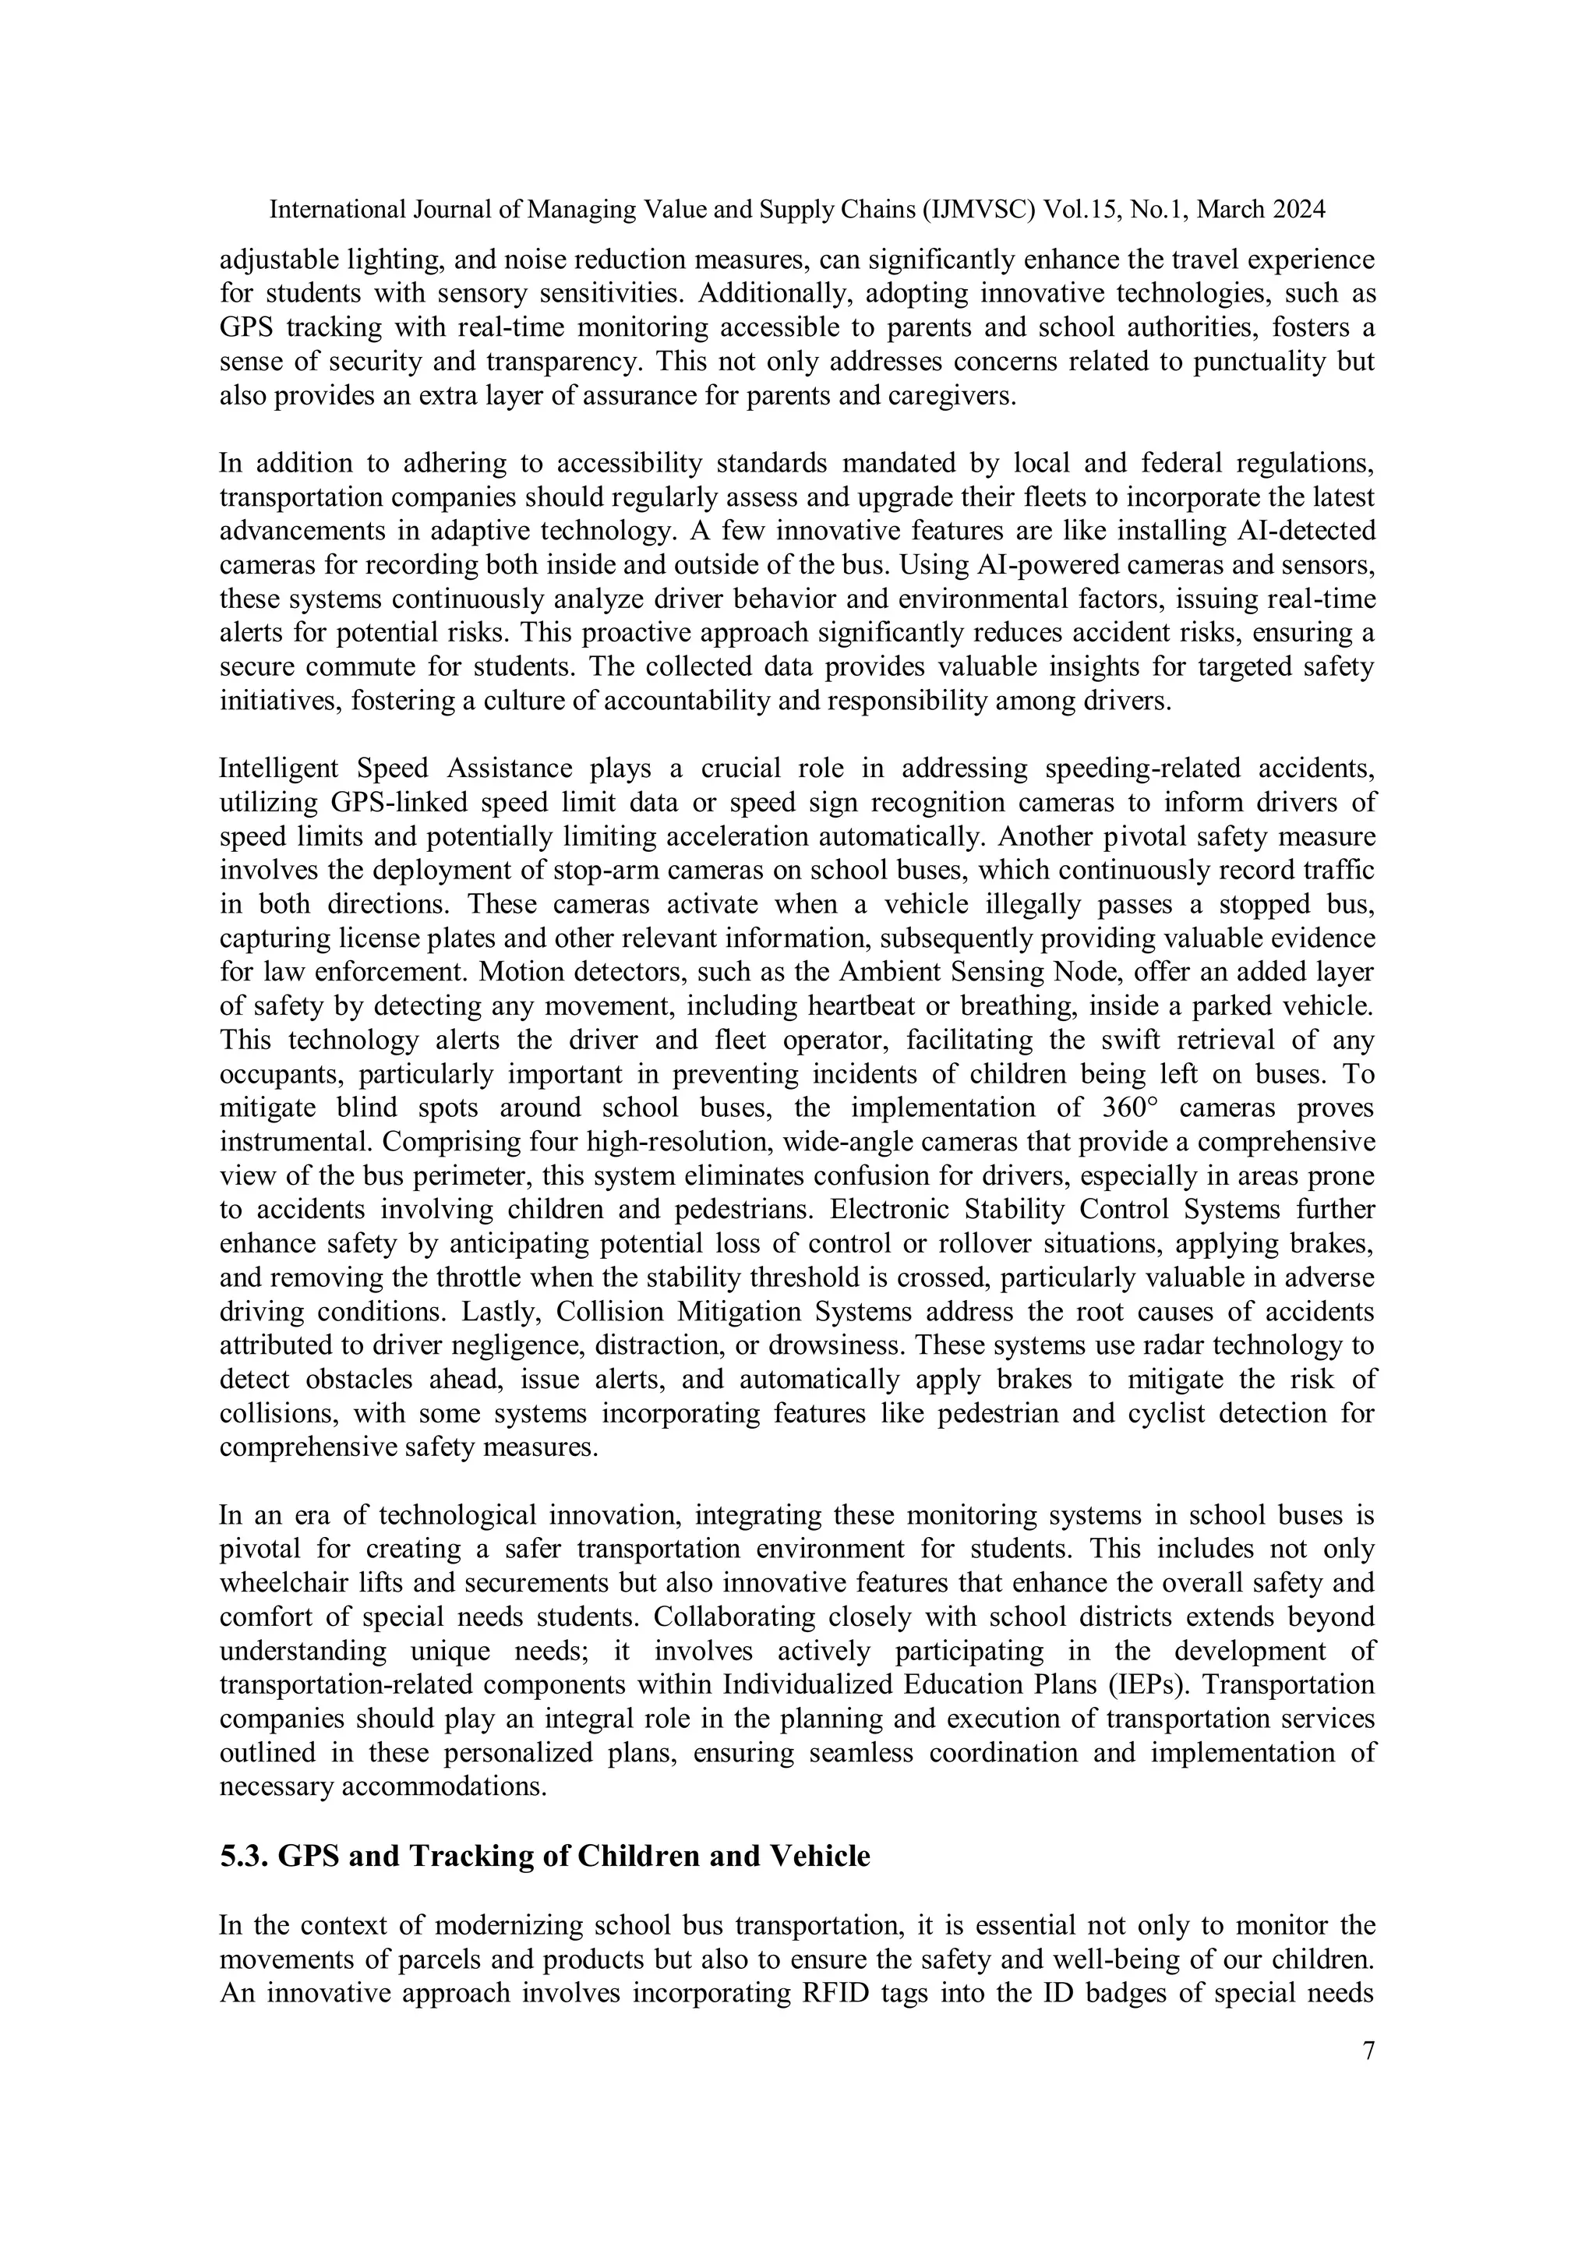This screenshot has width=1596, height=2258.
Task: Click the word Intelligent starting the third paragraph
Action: pyautogui.click(x=277, y=768)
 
